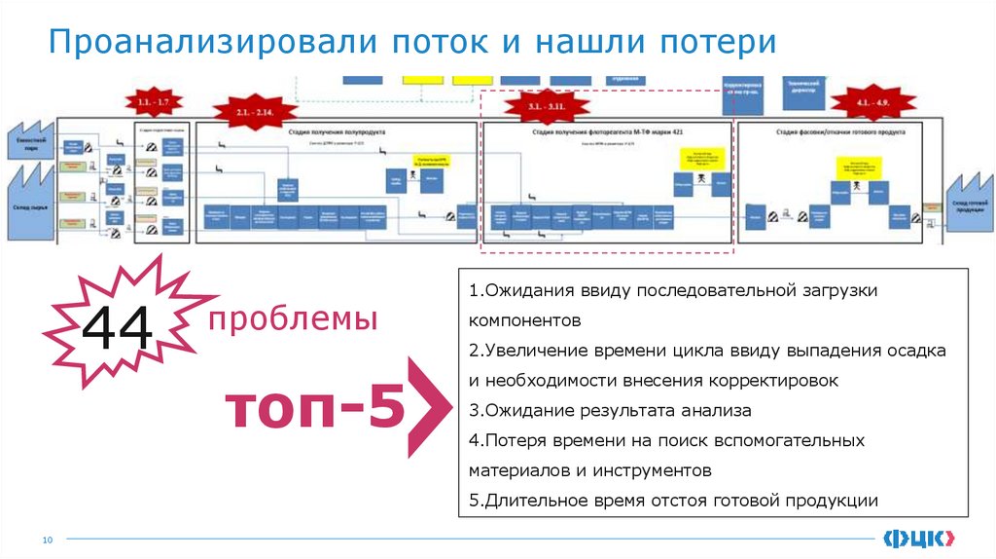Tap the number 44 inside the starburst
point(118,329)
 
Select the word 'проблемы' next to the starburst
point(293,318)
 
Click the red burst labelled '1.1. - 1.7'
point(153,102)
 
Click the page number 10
point(46,539)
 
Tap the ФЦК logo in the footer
point(919,538)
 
